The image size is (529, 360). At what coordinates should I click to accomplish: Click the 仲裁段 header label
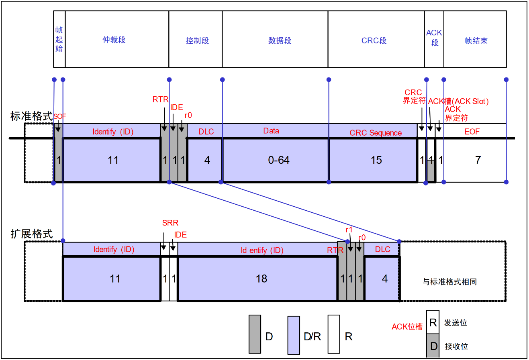(x=114, y=40)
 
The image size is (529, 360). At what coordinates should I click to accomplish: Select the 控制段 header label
(x=197, y=41)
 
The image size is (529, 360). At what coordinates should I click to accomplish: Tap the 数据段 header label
(x=280, y=41)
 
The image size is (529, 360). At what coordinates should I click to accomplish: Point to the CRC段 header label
(x=374, y=41)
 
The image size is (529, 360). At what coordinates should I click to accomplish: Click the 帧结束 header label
(x=476, y=41)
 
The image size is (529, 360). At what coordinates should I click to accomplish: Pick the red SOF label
(x=60, y=116)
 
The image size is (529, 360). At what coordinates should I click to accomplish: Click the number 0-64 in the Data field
(x=279, y=160)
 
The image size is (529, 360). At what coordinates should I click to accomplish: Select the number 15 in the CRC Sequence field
(x=376, y=160)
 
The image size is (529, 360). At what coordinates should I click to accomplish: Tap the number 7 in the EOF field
(x=478, y=160)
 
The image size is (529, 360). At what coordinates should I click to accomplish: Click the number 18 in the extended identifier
(x=261, y=279)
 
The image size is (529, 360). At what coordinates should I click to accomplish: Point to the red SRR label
(x=170, y=223)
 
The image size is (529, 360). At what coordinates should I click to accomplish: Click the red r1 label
(x=349, y=230)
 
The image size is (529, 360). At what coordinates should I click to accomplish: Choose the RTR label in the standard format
(x=160, y=100)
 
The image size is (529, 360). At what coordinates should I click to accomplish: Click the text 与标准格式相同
(x=449, y=282)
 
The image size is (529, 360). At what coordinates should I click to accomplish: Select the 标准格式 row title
(x=31, y=116)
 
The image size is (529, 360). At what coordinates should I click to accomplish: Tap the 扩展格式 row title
(x=31, y=234)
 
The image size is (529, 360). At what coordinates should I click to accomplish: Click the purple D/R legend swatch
(x=294, y=335)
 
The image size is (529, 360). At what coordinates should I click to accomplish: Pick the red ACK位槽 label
(x=407, y=327)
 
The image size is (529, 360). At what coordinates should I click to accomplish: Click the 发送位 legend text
(x=455, y=323)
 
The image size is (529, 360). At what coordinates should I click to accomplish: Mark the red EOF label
(x=472, y=132)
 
